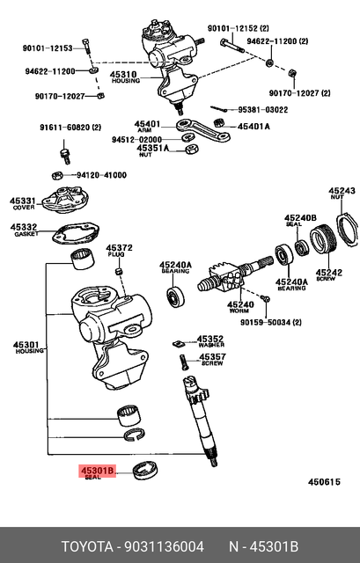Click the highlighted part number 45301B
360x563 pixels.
[98, 471]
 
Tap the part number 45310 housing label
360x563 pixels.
[122, 77]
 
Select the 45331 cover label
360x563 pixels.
[24, 202]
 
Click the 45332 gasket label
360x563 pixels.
[24, 228]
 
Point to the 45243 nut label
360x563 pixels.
[342, 191]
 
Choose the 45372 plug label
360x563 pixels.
[119, 248]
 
